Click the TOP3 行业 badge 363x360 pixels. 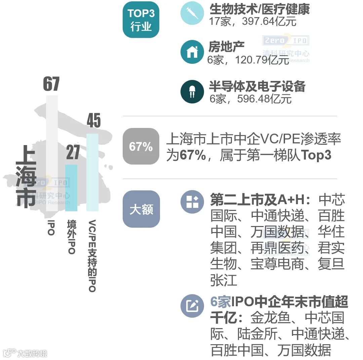point(140,20)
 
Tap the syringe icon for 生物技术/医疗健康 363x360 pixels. point(192,13)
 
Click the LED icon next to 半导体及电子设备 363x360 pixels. point(192,91)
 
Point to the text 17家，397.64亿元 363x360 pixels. point(253,22)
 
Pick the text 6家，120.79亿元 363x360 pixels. point(248,60)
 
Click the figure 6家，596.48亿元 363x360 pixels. point(250,99)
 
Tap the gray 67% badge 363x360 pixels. point(140,146)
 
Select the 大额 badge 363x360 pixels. point(141,210)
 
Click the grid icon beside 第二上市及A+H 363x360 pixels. point(192,202)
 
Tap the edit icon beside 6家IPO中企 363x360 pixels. point(192,306)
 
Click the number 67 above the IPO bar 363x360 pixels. point(51,84)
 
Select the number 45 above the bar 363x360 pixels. point(93,121)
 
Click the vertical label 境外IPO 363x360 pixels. point(71,237)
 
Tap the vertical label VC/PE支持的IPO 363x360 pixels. point(92,256)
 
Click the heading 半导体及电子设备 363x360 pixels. point(257,86)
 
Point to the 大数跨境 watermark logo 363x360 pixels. point(25,353)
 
